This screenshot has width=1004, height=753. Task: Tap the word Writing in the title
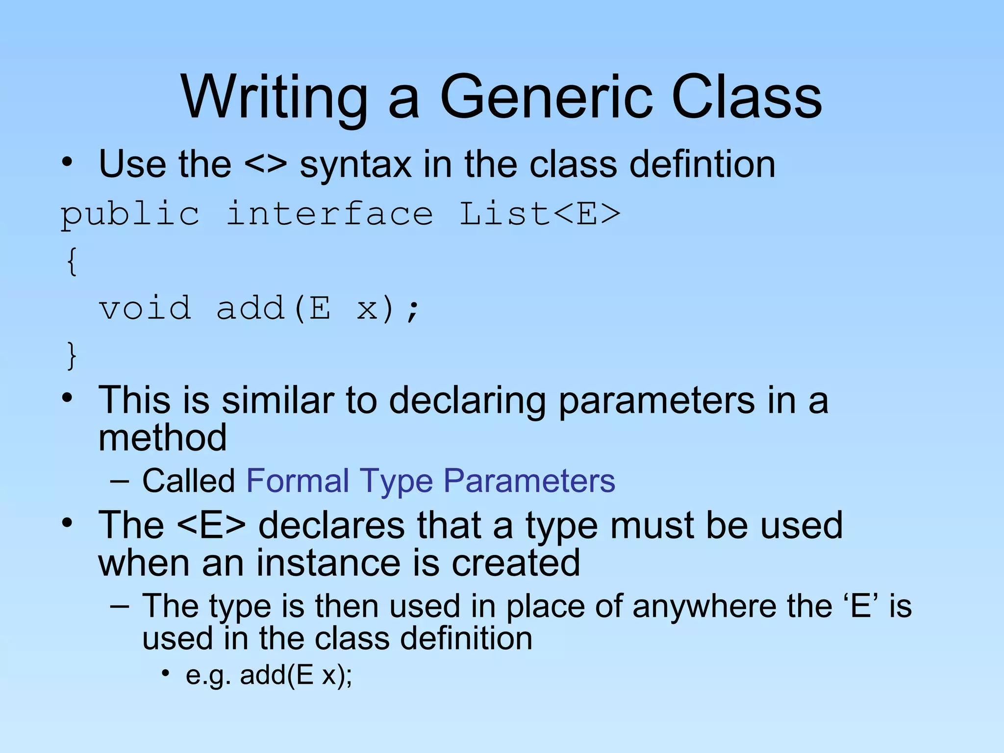coord(275,97)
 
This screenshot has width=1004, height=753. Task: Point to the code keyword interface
coord(329,214)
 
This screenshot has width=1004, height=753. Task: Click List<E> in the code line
coord(540,214)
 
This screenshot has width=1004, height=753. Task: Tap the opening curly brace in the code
coord(72,261)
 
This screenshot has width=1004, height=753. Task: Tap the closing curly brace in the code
coord(72,355)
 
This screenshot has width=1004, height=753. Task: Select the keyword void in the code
coord(145,309)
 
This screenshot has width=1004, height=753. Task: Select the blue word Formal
coord(298,480)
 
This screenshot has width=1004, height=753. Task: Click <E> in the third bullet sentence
coord(211,526)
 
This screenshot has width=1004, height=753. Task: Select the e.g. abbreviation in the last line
coord(208,676)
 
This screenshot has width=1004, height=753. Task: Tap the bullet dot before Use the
coord(67,162)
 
